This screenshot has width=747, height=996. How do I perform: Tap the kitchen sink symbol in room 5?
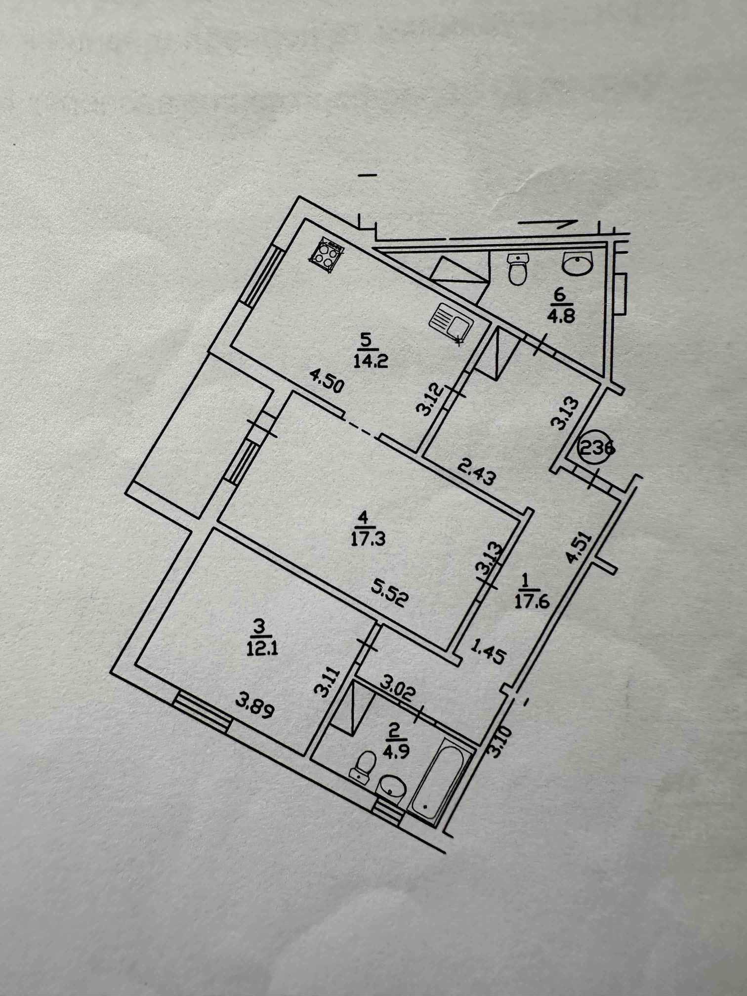451,324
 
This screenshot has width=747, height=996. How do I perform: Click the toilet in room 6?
518,269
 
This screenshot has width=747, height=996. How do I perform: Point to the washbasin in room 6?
577,263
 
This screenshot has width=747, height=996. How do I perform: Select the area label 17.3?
368,538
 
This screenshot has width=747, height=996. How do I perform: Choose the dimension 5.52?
390,595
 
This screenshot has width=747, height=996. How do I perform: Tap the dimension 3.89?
254,706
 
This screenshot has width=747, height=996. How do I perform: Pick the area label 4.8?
563,315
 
